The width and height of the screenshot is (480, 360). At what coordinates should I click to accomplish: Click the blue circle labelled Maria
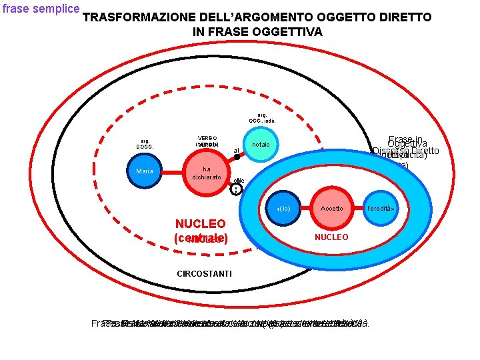(145, 171)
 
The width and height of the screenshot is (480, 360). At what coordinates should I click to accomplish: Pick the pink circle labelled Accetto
(331, 208)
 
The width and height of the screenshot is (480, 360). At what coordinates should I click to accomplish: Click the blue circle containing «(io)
(283, 209)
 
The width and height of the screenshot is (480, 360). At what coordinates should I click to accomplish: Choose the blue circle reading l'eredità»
(379, 208)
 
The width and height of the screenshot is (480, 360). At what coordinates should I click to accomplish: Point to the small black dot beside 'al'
(237, 157)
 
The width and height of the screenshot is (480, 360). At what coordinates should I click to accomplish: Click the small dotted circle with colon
(236, 189)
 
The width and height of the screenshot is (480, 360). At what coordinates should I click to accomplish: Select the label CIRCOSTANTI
(204, 273)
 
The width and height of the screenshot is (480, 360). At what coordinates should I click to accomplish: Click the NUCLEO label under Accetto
(331, 237)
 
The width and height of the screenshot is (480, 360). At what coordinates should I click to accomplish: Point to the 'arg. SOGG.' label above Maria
(145, 143)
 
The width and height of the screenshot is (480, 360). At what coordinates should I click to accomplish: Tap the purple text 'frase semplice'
(40, 9)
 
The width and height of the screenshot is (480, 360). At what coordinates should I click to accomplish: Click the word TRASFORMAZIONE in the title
(140, 17)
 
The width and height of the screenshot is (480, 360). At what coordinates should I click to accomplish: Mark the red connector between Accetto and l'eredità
(355, 208)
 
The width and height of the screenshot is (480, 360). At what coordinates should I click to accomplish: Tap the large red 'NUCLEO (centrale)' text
(201, 231)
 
